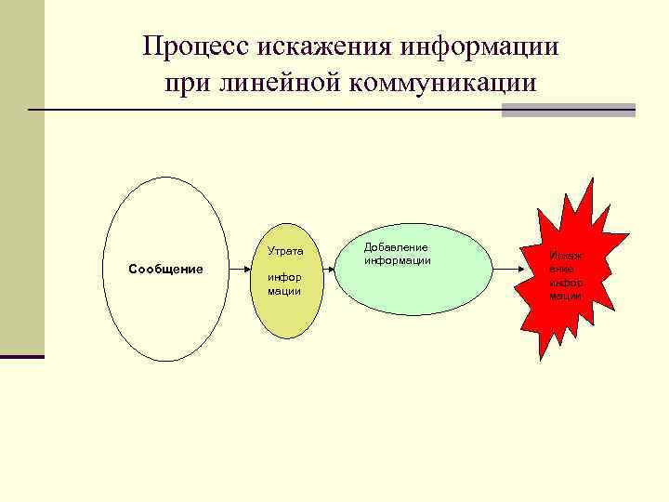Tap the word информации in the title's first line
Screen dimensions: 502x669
tap(479, 46)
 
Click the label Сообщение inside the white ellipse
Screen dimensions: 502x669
tap(165, 270)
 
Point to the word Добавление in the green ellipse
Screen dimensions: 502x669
tap(396, 248)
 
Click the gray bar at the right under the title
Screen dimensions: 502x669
tap(568, 111)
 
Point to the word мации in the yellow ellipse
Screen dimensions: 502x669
tap(283, 291)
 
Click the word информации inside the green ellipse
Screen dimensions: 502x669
tap(398, 260)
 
